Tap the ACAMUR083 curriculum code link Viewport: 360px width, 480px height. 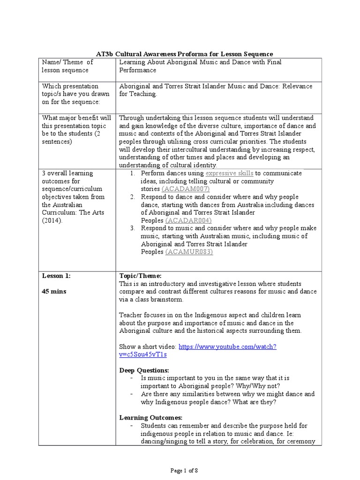click(x=189, y=252)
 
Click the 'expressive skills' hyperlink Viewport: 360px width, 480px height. click(x=230, y=173)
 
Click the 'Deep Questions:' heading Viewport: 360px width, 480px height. click(x=143, y=370)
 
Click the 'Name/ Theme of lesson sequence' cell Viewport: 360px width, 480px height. click(x=67, y=66)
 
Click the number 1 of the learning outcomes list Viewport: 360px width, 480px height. click(x=133, y=173)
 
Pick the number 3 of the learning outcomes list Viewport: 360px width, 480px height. click(x=133, y=228)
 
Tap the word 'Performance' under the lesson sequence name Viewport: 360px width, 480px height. click(x=137, y=70)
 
